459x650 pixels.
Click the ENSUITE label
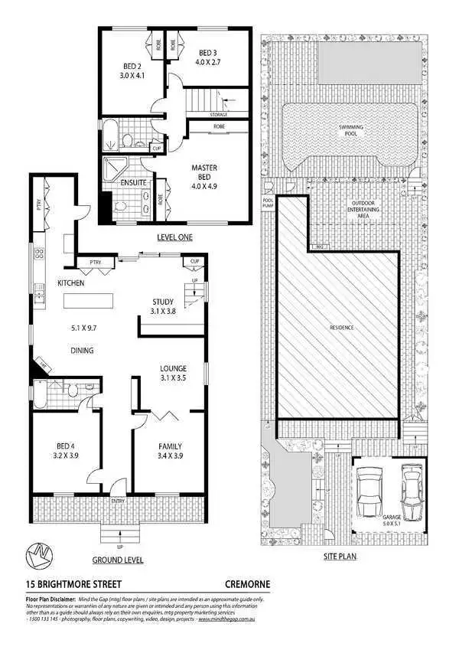[x=134, y=183]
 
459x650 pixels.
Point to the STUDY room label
[x=170, y=301]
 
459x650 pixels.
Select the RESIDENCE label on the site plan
[x=342, y=328]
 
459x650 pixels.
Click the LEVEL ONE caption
[x=174, y=237]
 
